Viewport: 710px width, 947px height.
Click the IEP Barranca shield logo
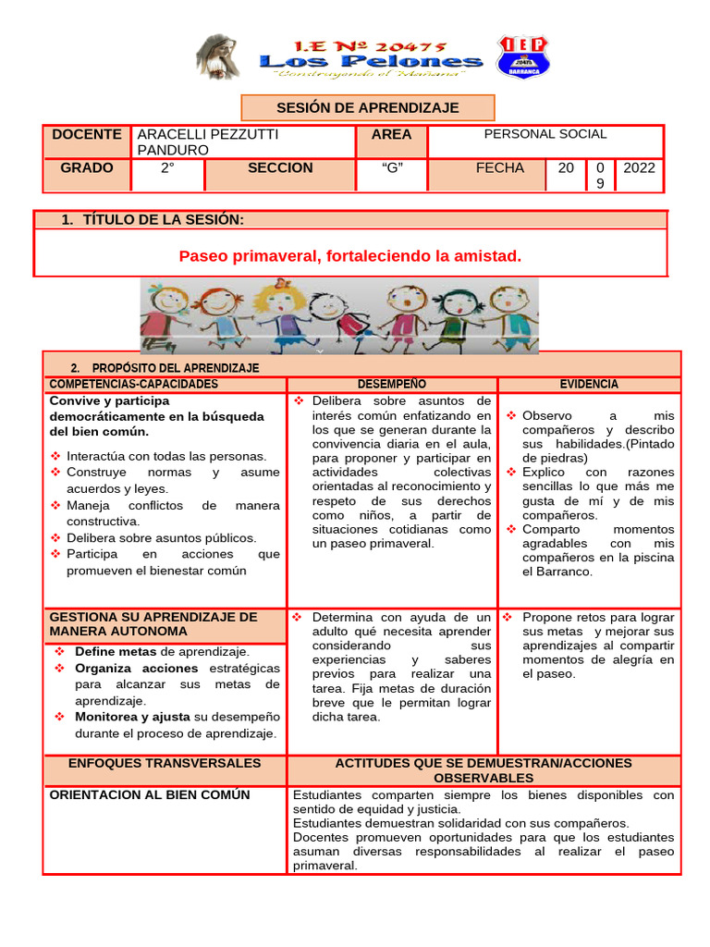click(x=523, y=56)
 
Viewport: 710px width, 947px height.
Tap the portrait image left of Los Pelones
click(x=218, y=56)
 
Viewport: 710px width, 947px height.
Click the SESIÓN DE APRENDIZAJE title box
click(x=368, y=108)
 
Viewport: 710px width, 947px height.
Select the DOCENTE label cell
click(x=87, y=134)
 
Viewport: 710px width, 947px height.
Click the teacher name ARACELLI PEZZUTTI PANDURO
click(x=207, y=141)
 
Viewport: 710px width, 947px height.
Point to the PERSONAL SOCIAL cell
click(x=545, y=134)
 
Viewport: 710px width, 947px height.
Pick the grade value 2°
click(x=167, y=168)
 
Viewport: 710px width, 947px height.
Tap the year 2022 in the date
click(x=639, y=168)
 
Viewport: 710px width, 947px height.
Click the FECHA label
click(x=500, y=168)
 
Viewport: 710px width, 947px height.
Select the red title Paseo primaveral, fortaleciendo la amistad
click(x=350, y=255)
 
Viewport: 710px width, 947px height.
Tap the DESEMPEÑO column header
click(x=392, y=384)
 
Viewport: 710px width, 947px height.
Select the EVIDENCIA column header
click(x=589, y=384)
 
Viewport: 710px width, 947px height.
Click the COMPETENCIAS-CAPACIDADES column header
click(x=134, y=384)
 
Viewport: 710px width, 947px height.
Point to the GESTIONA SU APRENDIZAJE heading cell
click(x=153, y=623)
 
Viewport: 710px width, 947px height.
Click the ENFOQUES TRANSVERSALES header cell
click(x=165, y=763)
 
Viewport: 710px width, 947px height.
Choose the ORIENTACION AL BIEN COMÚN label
click(x=150, y=794)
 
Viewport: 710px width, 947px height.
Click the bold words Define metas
click(x=116, y=652)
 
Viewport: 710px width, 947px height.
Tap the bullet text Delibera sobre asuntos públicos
click(x=162, y=537)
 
